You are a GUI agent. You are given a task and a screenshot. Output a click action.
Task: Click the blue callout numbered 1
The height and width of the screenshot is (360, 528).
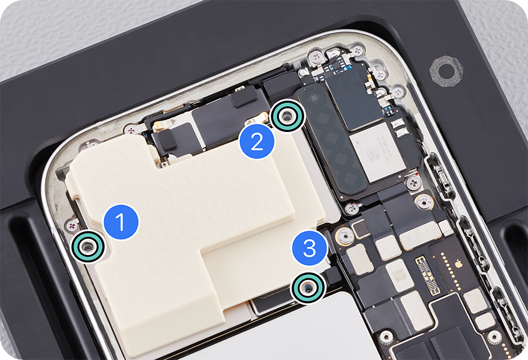point(121,222)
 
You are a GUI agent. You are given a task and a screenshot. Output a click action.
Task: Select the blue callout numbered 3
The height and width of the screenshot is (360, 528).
point(310,248)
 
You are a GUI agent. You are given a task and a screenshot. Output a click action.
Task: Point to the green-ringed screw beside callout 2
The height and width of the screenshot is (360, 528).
point(287,116)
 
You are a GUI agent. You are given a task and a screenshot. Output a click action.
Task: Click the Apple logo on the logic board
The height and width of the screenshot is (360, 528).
point(458,262)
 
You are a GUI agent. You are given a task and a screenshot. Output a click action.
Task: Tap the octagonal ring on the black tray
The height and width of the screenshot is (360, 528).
point(446,71)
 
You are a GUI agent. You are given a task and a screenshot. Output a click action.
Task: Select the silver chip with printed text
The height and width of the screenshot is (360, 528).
point(377,152)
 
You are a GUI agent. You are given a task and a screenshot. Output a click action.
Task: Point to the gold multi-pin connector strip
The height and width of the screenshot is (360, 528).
point(428,275)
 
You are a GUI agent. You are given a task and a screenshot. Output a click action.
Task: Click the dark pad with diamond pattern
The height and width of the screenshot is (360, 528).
point(331,139)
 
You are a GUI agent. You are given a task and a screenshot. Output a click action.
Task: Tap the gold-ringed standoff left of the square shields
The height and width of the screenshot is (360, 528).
point(345,235)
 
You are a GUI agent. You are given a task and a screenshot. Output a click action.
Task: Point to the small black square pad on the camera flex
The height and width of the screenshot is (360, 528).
point(167,139)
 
